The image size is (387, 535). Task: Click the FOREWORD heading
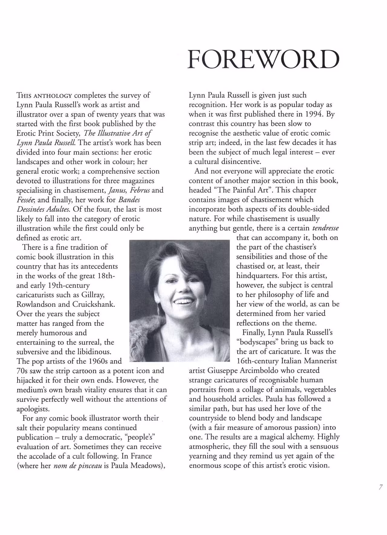coord(263,59)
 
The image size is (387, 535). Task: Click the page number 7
coord(381,487)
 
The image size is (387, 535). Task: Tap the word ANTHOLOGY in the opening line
coord(53,96)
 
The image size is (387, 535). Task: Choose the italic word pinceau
coord(89,466)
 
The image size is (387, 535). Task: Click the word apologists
coord(33,409)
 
